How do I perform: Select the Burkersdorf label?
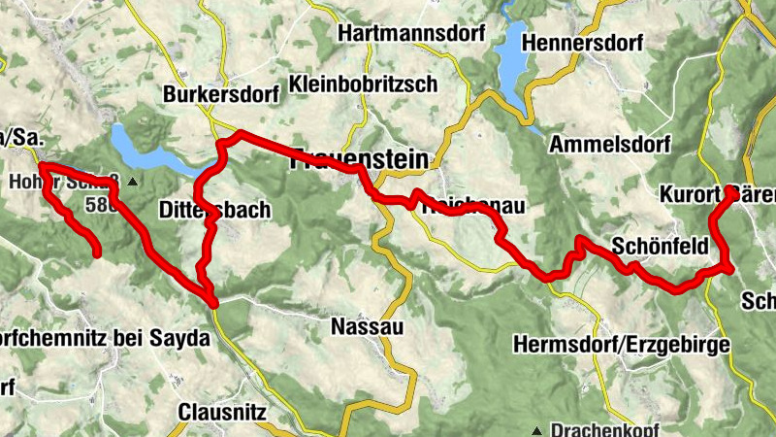[221, 95]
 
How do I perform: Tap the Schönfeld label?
[660, 246]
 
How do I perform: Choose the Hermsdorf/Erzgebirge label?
[620, 345]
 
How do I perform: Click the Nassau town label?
[367, 325]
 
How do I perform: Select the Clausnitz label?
[222, 412]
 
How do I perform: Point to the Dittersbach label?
[213, 210]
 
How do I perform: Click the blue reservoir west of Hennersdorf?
[509, 60]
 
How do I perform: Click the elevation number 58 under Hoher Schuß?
[97, 205]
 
